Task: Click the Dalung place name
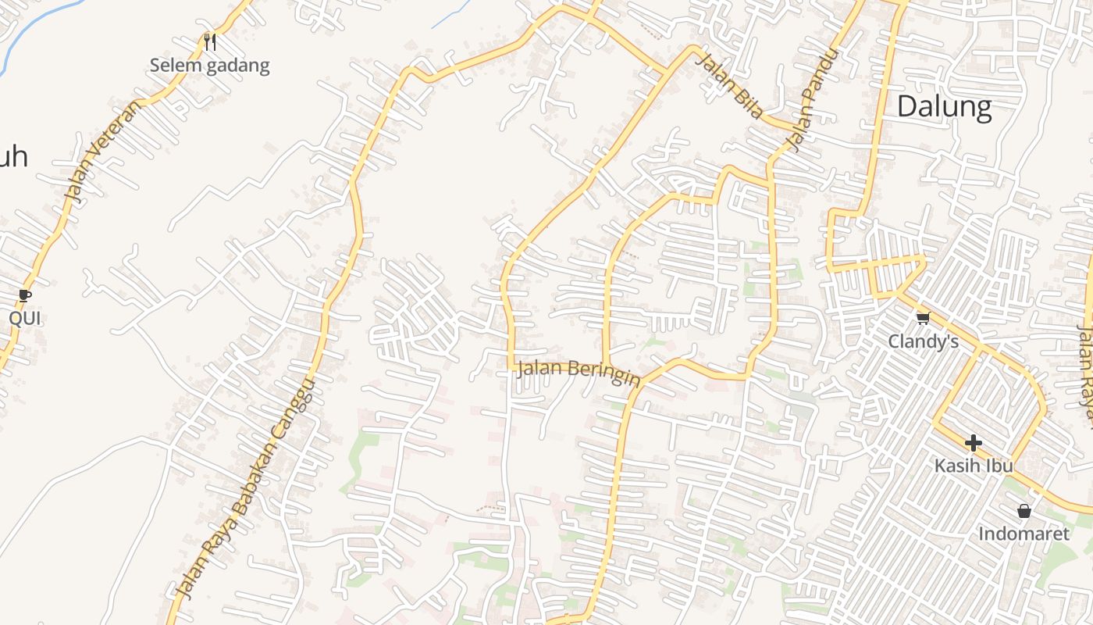pos(944,106)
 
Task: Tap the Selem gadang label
pos(209,66)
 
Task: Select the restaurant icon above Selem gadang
pos(209,41)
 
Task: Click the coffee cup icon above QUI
pos(25,295)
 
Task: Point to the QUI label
pos(24,318)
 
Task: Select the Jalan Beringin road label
pos(579,373)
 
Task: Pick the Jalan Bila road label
pos(729,86)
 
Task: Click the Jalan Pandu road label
pos(813,99)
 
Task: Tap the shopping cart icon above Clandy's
pos(923,317)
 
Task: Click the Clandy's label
pos(924,341)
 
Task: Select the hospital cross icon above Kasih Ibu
pos(973,443)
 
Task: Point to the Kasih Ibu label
pos(974,466)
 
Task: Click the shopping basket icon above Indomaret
pos(1024,511)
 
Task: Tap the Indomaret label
pos(1024,534)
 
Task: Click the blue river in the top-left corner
pos(31,31)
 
